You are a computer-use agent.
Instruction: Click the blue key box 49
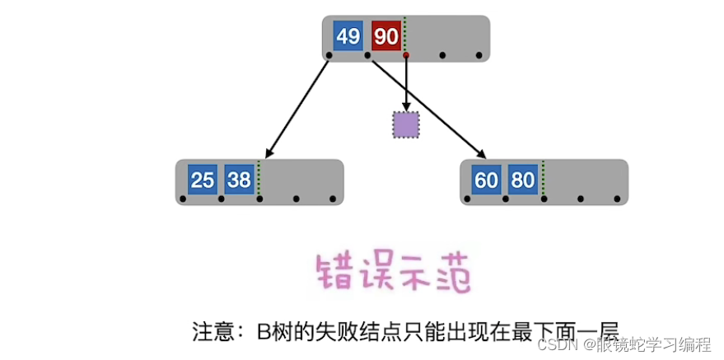click(348, 36)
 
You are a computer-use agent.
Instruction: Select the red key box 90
click(385, 36)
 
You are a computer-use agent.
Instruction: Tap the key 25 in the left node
click(202, 180)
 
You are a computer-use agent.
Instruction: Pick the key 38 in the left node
click(239, 180)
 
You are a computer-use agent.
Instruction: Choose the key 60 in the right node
click(487, 180)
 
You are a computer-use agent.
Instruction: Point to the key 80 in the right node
click(523, 180)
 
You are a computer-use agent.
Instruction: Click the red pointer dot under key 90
click(406, 55)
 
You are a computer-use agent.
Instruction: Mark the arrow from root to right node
click(428, 107)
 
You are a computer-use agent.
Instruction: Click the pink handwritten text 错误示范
click(394, 272)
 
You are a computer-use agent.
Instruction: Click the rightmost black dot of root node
click(479, 55)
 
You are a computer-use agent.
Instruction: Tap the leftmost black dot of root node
click(329, 55)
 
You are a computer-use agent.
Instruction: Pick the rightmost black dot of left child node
click(333, 199)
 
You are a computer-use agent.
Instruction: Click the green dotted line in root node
click(406, 36)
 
